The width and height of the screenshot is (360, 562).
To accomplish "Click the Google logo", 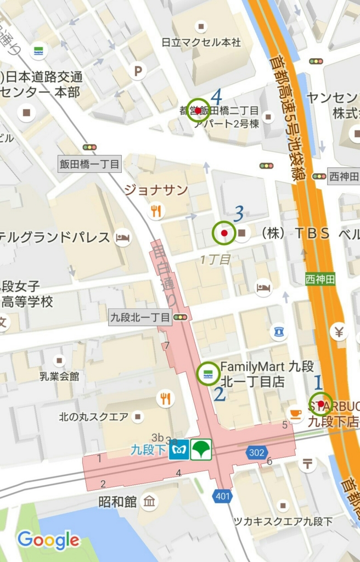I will point(48,541).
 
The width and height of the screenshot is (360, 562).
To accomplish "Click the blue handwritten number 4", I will point(216,97).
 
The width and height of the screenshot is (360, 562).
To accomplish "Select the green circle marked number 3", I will point(224,233).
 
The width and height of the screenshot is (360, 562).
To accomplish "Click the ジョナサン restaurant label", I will point(156,190).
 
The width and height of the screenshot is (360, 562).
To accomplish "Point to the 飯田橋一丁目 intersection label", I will point(89,164).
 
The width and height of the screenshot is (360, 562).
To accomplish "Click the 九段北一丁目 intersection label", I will point(140,317).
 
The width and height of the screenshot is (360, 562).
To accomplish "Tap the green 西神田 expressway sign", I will point(321,278).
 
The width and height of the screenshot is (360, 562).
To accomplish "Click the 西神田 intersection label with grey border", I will point(344,176).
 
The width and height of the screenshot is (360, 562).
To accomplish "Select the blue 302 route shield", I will point(256,453).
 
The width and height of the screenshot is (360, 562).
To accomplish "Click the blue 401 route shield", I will point(222,497).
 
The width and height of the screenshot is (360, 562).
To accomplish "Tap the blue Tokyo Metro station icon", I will point(179,449).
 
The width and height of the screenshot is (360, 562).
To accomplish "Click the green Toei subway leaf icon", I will point(201,449).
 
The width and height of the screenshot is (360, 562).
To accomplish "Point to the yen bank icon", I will point(339,331).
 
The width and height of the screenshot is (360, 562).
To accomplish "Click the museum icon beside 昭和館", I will point(149,501).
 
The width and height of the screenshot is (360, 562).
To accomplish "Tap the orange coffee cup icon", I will point(296,413).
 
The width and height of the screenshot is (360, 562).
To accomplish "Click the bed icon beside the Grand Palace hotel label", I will point(122,238).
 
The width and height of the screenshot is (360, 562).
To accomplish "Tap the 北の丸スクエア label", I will point(94,417).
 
